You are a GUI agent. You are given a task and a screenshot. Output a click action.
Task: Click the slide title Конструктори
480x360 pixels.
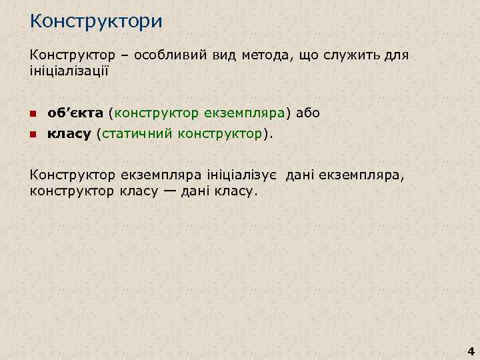tap(96, 21)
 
